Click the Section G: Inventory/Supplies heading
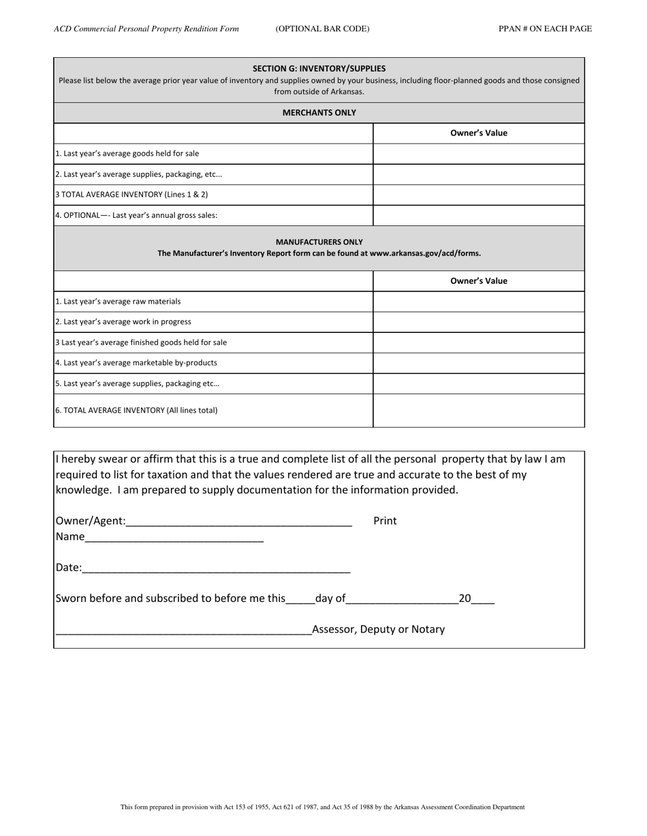(x=319, y=69)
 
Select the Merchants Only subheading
(x=319, y=113)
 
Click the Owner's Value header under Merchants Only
(x=479, y=133)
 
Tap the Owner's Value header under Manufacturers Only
(x=479, y=281)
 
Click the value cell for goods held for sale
(x=479, y=154)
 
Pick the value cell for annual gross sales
(x=479, y=215)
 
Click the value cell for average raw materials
(x=479, y=302)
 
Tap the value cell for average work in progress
(x=479, y=322)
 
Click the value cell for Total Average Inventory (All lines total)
(x=479, y=411)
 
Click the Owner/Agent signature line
(x=238, y=521)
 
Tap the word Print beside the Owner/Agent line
(x=385, y=521)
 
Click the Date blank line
(x=216, y=568)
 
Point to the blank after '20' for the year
(x=483, y=600)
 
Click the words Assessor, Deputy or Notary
(x=378, y=630)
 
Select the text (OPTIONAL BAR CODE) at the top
(x=322, y=29)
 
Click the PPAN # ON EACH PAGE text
(x=545, y=29)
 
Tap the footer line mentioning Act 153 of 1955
(x=322, y=807)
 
